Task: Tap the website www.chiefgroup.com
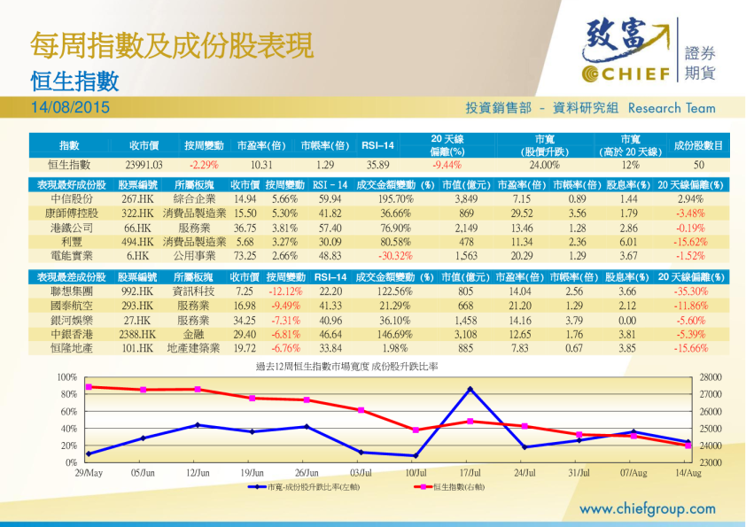[x=647, y=509]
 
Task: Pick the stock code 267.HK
[x=137, y=199]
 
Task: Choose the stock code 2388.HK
[x=137, y=335]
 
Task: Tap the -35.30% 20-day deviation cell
[x=689, y=291]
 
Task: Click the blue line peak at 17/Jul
[x=470, y=389]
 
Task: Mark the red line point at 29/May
[x=89, y=386]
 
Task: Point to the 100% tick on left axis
[x=68, y=377]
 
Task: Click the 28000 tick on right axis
[x=711, y=377]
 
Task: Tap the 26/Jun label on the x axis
[x=306, y=474]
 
